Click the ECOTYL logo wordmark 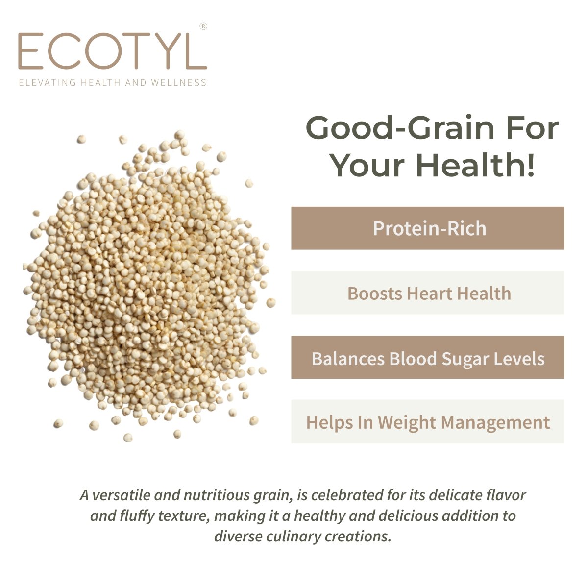[x=112, y=51]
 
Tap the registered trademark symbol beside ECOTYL [x=203, y=26]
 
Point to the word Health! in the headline [x=475, y=165]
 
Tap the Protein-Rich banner [x=427, y=228]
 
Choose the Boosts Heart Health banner [x=427, y=293]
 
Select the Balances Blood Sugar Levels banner [x=427, y=358]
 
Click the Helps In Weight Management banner [x=427, y=422]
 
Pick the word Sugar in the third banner [x=463, y=359]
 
